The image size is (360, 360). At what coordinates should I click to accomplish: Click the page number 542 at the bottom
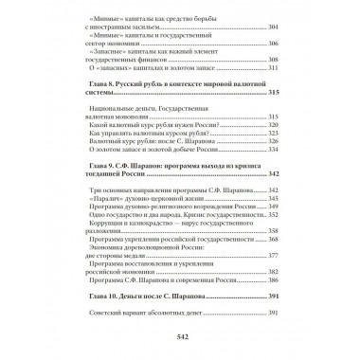[x=180, y=336]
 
